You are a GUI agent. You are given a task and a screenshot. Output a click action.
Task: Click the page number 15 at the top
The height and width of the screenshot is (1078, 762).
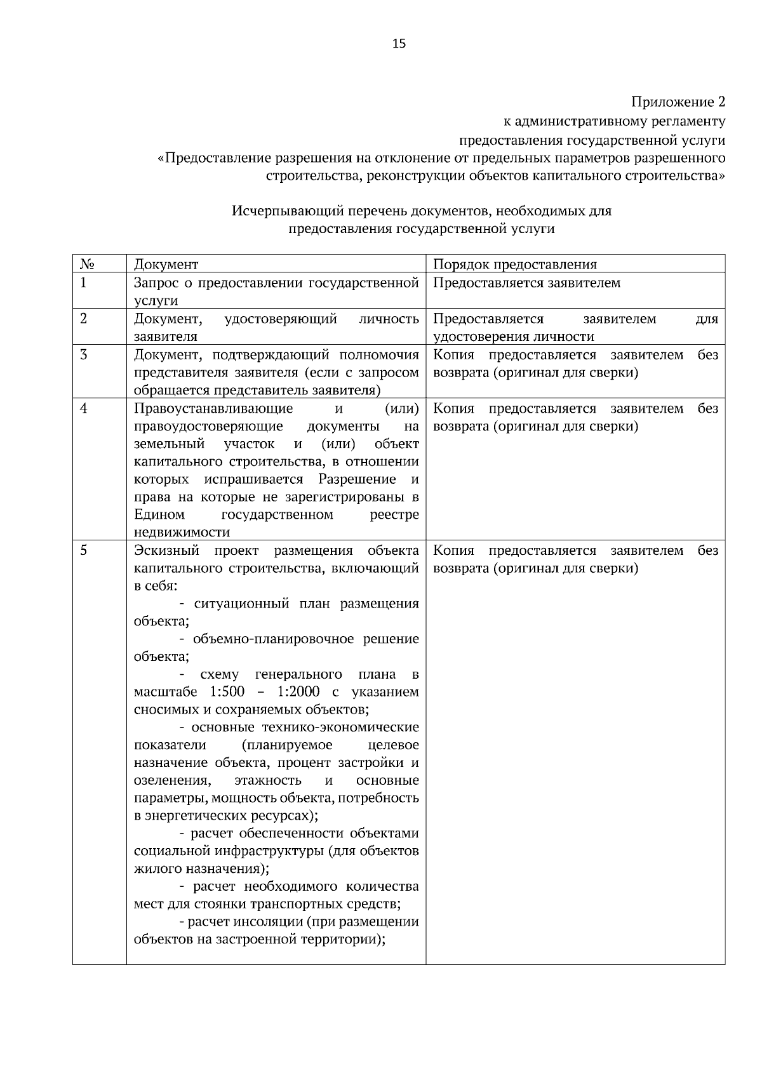399,43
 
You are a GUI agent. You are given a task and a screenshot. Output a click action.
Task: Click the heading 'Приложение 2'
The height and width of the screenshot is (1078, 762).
678,102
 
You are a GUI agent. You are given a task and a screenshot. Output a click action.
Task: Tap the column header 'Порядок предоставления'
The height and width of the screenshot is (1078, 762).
515,264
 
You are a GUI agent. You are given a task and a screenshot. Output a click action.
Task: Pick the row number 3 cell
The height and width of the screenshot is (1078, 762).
84,354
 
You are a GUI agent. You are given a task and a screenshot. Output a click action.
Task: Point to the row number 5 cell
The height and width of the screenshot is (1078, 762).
84,550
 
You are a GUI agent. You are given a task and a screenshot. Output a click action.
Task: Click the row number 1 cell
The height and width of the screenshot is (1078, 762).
84,283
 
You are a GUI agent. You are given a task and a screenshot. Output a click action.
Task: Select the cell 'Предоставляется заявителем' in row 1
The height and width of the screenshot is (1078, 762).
526,283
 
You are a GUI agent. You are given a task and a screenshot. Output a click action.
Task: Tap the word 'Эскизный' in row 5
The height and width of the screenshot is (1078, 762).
167,550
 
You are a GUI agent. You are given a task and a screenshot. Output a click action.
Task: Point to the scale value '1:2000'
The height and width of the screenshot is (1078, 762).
298,691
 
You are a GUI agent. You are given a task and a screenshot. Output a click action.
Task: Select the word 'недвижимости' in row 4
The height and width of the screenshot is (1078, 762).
182,532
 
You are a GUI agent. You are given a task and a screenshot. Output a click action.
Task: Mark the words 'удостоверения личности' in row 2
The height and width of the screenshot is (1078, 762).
514,336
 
